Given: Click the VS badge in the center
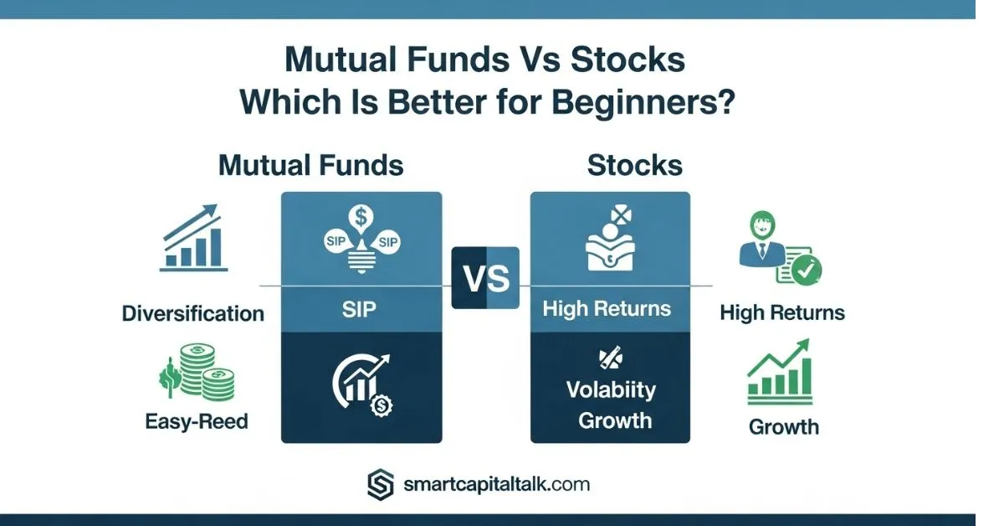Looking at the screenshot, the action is (x=485, y=278).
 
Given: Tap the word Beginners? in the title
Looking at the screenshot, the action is (x=643, y=102).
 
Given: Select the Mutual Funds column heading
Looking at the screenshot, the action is (x=311, y=165).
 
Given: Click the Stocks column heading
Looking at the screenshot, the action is (x=635, y=165).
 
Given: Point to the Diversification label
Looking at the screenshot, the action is (x=193, y=313).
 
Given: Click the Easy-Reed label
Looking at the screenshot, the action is (x=197, y=421).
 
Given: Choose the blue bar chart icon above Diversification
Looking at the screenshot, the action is (x=193, y=238).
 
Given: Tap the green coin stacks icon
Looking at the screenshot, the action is (x=197, y=373).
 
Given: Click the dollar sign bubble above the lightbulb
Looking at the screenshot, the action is (x=361, y=219).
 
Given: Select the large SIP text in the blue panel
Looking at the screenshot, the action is (x=359, y=309).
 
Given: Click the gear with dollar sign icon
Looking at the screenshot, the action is (x=382, y=405).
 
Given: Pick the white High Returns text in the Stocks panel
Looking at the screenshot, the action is (x=607, y=309).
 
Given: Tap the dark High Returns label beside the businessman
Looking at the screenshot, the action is (x=782, y=312).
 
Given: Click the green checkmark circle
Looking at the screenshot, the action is (x=807, y=270).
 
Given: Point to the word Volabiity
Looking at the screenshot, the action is (x=611, y=389).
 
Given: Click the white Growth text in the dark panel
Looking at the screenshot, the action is (x=614, y=420).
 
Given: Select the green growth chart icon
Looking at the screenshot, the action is (x=780, y=372).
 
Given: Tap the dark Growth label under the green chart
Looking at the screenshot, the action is (x=783, y=427).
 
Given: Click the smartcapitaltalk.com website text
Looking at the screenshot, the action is (x=497, y=485).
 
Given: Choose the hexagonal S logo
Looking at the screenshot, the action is (x=381, y=485).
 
